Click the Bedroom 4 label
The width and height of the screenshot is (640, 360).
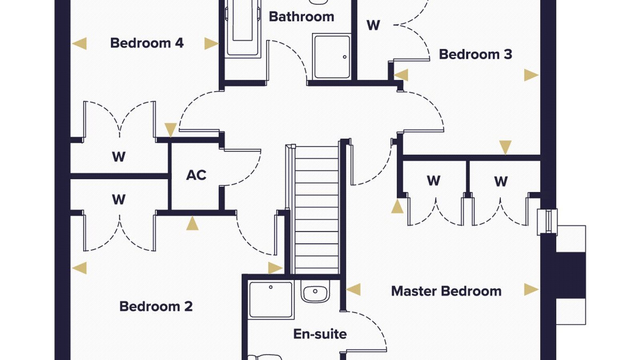tap(147, 43)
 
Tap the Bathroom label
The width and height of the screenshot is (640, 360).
tap(302, 16)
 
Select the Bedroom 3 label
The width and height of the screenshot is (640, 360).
tap(476, 54)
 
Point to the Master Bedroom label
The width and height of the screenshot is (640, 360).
tap(446, 291)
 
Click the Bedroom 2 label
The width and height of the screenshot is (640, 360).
tap(156, 306)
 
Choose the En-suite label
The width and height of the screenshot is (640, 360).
tap(320, 334)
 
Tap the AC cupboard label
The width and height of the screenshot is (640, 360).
tap(196, 175)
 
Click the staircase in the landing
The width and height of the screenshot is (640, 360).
tap(314, 210)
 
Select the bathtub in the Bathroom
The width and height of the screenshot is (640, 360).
tap(242, 28)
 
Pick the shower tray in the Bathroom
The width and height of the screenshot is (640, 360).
tap(332, 56)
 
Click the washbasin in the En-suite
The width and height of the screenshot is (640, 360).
tap(315, 292)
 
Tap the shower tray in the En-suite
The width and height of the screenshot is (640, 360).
tap(271, 300)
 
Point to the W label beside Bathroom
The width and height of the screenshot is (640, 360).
tap(374, 25)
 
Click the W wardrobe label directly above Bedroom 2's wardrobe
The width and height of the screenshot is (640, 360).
tap(119, 156)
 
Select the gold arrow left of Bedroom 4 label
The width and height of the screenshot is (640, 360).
tap(79, 44)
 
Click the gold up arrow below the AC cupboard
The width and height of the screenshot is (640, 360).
tap(192, 223)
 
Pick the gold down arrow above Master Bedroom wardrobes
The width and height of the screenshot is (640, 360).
tap(505, 148)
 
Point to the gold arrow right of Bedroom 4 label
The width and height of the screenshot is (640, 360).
tap(212, 44)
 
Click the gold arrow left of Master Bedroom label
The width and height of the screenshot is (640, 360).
tap(353, 290)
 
